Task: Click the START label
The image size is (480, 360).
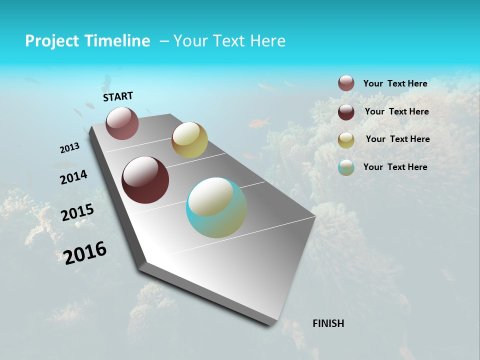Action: click(x=118, y=96)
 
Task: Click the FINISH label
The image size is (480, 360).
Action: click(x=328, y=323)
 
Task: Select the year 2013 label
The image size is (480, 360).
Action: click(x=69, y=147)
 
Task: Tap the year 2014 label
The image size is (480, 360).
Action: click(x=73, y=177)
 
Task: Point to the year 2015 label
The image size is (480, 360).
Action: click(x=77, y=212)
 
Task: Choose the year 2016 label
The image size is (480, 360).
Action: click(x=85, y=252)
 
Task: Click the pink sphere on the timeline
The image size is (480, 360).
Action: click(x=122, y=123)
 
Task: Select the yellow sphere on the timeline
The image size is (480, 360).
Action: click(x=189, y=140)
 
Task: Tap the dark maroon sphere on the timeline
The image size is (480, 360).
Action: click(x=145, y=180)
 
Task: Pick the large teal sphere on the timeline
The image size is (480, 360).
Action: click(x=216, y=207)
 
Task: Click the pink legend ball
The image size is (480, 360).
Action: click(x=346, y=83)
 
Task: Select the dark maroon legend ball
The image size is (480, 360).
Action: click(x=346, y=112)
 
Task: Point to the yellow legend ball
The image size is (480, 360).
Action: click(x=346, y=140)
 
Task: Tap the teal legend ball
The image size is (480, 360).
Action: click(x=346, y=167)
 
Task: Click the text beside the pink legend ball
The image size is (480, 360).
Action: click(x=395, y=84)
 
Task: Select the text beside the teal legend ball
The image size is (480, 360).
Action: click(x=395, y=167)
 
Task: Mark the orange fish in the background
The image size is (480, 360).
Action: click(x=259, y=122)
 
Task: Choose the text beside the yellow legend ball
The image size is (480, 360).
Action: click(x=397, y=139)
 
